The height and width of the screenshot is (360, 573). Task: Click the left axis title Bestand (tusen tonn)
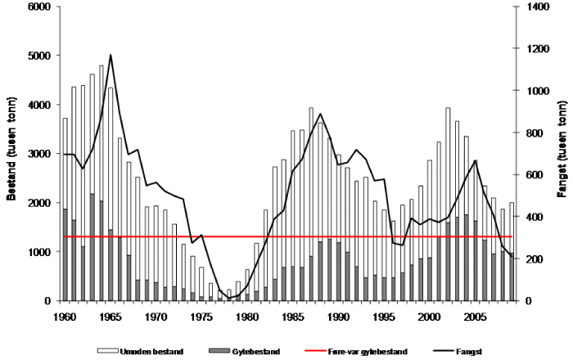[11, 153]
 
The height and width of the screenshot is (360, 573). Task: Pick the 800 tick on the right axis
[525, 133]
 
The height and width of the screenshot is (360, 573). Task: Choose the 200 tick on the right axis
[525, 259]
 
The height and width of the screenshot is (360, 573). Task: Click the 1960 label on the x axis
[65, 315]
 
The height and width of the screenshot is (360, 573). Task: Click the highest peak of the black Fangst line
[111, 55]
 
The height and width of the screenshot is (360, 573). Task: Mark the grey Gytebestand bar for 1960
[65, 254]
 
